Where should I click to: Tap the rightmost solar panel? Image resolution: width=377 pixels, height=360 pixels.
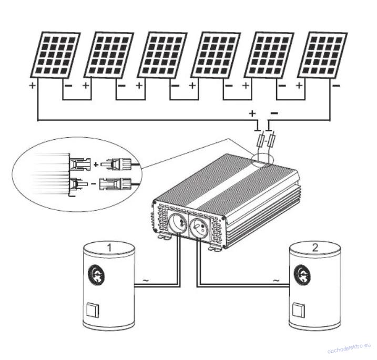[x=322, y=55]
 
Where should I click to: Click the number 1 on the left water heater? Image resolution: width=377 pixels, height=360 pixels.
[x=109, y=246]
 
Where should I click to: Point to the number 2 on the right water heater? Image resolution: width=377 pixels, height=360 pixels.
[x=314, y=246]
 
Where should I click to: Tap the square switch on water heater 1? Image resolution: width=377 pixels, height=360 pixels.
[x=92, y=310]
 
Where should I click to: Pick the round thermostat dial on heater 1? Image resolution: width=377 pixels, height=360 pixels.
[x=96, y=273]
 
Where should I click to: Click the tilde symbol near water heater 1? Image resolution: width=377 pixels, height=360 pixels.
[x=145, y=281]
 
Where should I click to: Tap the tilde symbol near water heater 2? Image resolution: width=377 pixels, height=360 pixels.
[x=276, y=281]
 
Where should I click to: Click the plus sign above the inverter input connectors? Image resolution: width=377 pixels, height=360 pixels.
[x=252, y=113]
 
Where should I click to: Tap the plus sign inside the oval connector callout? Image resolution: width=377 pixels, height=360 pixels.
[x=96, y=164]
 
